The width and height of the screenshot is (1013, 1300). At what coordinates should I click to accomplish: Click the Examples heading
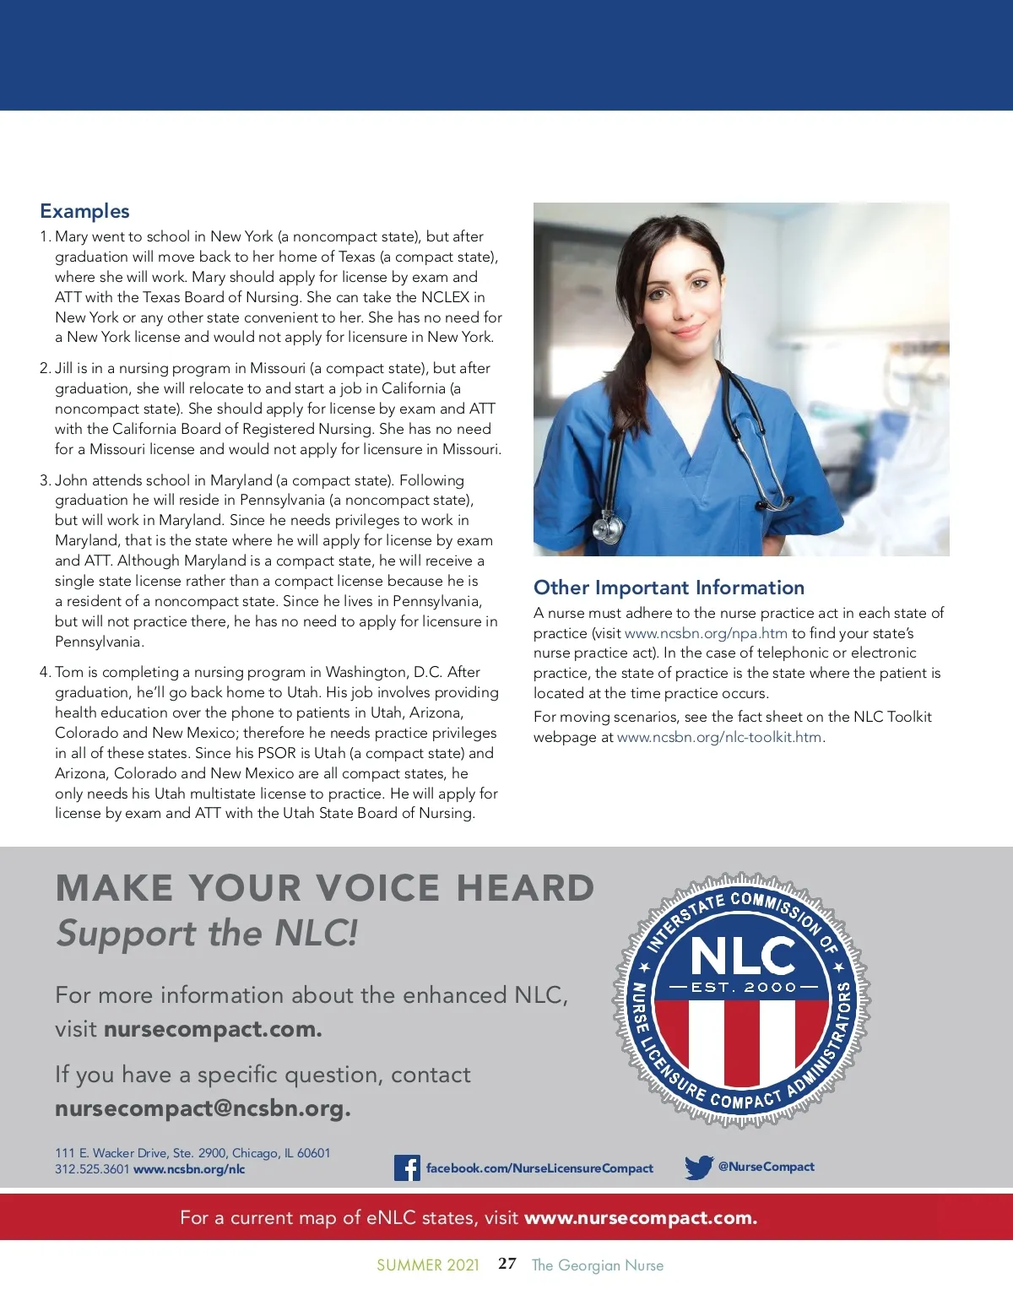[x=84, y=211]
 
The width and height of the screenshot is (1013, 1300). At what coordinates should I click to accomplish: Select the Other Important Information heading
[x=669, y=588]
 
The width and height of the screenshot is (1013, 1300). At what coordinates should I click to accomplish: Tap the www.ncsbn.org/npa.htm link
[x=706, y=633]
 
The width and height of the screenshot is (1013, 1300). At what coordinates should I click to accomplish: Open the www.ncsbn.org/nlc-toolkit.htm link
[x=719, y=737]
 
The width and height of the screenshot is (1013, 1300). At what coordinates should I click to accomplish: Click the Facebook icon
[x=407, y=1167]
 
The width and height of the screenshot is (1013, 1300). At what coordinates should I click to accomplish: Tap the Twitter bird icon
[x=699, y=1167]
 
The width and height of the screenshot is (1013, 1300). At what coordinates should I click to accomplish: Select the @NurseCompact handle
[x=766, y=1167]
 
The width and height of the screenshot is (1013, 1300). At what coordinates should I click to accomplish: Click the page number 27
[x=507, y=1264]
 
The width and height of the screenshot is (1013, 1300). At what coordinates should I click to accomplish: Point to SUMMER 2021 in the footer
[x=428, y=1265]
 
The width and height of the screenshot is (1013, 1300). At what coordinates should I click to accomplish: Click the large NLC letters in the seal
[x=742, y=956]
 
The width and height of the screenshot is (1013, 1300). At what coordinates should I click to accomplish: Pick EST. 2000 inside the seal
[x=743, y=987]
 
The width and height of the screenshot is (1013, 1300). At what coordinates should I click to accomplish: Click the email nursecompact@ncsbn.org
[x=203, y=1108]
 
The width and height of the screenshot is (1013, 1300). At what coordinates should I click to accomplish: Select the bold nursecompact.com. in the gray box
[x=213, y=1030]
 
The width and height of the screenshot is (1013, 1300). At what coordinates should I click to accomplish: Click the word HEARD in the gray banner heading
[x=525, y=888]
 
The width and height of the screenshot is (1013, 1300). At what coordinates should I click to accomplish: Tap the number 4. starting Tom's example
[x=46, y=672]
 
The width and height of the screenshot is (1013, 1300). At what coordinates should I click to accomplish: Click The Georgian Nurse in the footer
[x=598, y=1265]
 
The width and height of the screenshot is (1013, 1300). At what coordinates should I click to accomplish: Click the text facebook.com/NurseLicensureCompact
[x=539, y=1168]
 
